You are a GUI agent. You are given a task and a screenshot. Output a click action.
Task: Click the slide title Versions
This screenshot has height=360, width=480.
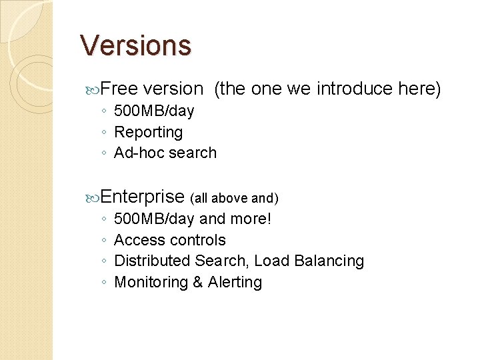pyautogui.click(x=135, y=45)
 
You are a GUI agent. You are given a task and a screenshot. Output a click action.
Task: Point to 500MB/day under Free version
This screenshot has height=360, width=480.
pyautogui.click(x=154, y=111)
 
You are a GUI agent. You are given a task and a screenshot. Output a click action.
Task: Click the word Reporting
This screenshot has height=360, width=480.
pyautogui.click(x=148, y=132)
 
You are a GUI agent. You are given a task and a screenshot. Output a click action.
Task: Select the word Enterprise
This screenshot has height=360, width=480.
pyautogui.click(x=143, y=197)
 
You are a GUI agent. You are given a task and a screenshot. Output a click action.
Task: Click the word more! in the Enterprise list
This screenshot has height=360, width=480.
pyautogui.click(x=251, y=219)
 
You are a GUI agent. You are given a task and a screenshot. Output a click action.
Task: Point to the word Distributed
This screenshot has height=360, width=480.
pyautogui.click(x=152, y=261)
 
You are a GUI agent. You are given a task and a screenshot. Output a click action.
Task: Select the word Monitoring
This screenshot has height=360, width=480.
pyautogui.click(x=151, y=282)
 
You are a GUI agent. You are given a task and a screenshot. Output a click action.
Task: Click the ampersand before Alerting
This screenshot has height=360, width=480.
pyautogui.click(x=198, y=282)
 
